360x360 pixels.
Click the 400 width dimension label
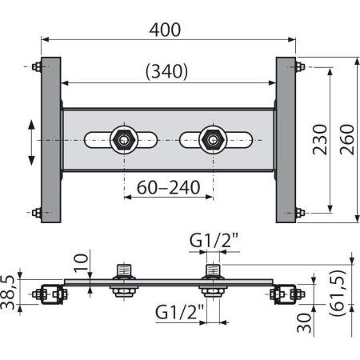tap(165, 30)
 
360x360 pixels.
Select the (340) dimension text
tap(167, 71)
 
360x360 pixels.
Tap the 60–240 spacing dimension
tap(168, 187)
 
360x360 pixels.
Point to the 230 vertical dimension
tap(320, 139)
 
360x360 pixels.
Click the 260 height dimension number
tap(347, 139)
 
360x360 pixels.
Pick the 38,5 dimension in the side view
tap(7, 292)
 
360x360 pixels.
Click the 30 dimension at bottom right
tap(304, 323)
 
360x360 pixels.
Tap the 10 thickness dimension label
tap(81, 263)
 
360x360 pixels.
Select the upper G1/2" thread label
tap(214, 240)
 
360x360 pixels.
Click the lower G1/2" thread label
tap(179, 312)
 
